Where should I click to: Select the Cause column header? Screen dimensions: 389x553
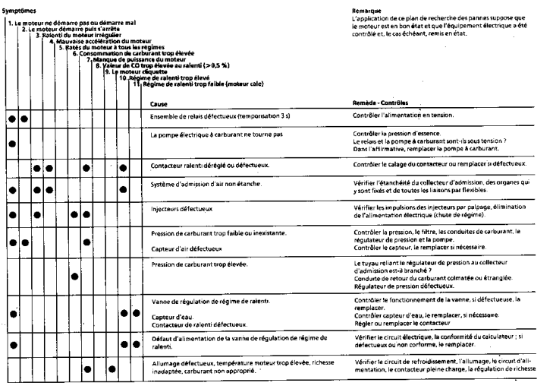(x=159, y=103)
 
